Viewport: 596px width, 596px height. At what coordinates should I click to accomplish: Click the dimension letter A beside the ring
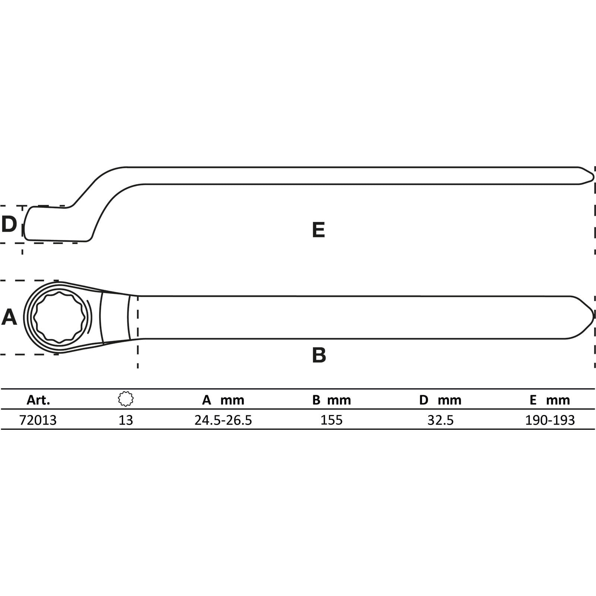[9, 317]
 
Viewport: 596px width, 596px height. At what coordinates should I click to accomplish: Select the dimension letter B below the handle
[319, 355]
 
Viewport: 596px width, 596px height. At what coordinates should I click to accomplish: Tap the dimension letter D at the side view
[9, 224]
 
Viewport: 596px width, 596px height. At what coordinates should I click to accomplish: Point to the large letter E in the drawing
[318, 229]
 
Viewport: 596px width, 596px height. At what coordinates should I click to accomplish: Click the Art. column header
[38, 400]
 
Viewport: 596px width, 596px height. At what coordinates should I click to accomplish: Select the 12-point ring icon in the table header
[126, 399]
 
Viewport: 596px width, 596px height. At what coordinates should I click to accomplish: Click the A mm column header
[223, 400]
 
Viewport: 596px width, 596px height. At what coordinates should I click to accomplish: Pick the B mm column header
[332, 400]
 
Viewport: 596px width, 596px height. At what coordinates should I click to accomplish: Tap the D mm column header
[440, 400]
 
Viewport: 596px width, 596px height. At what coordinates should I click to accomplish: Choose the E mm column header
[550, 400]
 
